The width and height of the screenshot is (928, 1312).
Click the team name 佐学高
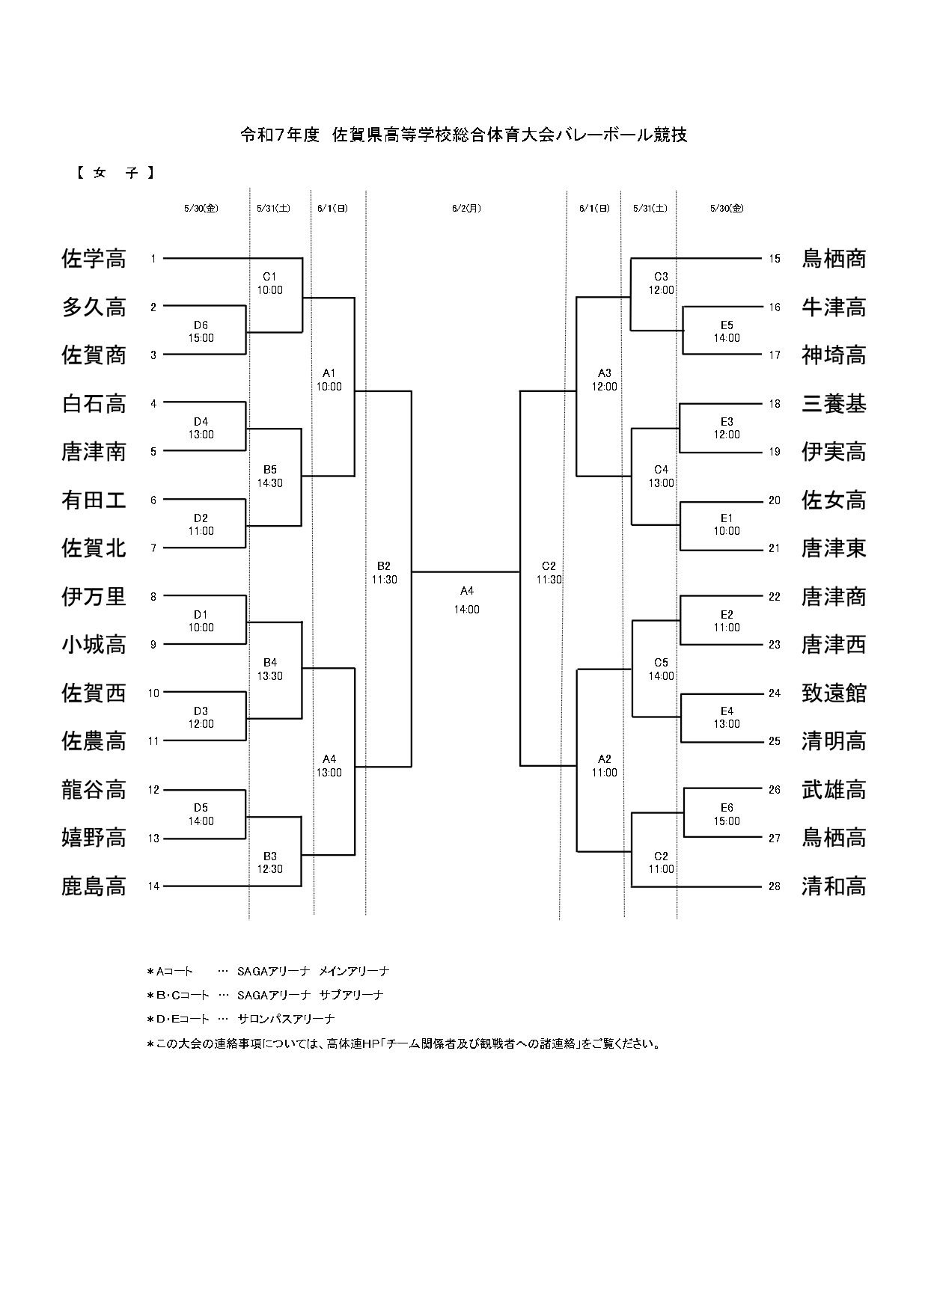(94, 259)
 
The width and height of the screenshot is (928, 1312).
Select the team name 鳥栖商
(834, 259)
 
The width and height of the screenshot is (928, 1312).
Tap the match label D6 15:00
(201, 331)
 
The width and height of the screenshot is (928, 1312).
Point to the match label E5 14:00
(727, 331)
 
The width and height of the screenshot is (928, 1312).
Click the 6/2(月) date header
(466, 209)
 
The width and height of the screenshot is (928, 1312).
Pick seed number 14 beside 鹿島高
(153, 886)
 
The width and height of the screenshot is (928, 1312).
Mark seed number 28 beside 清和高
(775, 886)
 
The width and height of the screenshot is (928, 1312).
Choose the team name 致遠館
(834, 693)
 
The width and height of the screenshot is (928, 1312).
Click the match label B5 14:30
(270, 476)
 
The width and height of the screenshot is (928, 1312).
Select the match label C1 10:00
(270, 283)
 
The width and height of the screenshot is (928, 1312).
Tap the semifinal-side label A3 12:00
(605, 380)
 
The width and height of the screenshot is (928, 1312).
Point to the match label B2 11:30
(384, 573)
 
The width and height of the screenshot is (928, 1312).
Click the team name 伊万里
(94, 597)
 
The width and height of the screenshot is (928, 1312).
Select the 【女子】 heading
(115, 173)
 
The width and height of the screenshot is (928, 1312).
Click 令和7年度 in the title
(280, 135)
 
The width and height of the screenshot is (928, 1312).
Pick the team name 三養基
(834, 404)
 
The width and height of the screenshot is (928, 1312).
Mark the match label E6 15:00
(727, 815)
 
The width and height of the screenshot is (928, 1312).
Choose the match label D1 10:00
(201, 622)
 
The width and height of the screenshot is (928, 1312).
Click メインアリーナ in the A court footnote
(354, 972)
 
